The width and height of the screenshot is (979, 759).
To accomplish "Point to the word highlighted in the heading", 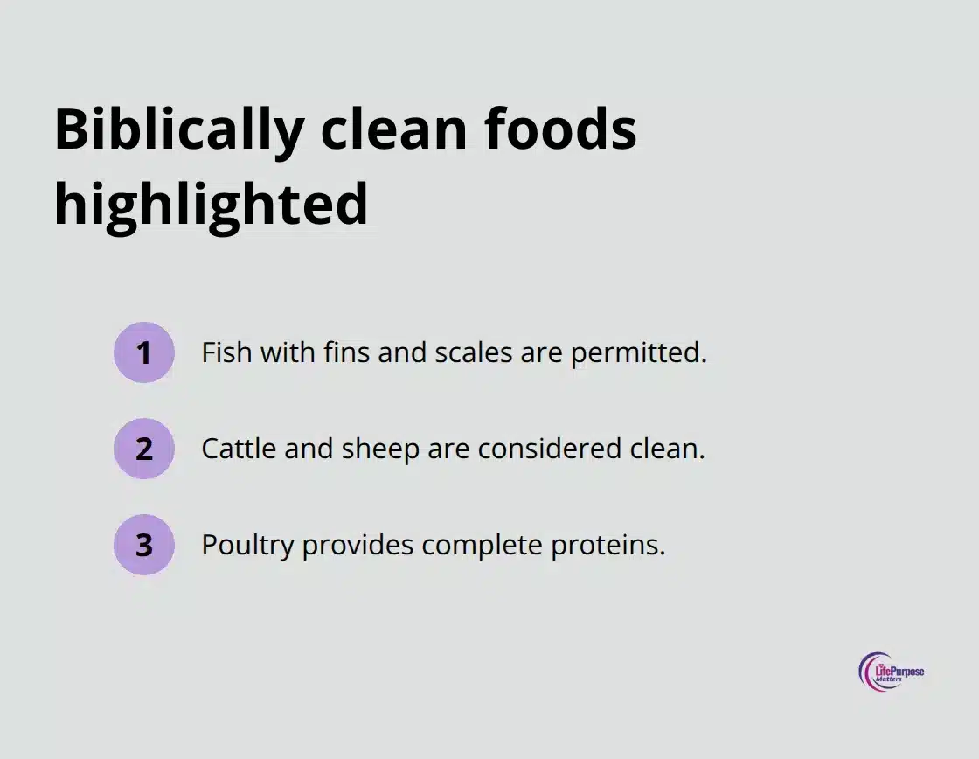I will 211,205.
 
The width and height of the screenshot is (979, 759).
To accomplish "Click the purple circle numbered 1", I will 144,352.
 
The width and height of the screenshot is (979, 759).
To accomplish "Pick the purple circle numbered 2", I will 144,449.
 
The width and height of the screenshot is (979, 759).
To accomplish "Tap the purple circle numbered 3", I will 144,545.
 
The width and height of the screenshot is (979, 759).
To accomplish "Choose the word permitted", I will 638,352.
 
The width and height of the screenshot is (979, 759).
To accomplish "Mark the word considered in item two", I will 552,449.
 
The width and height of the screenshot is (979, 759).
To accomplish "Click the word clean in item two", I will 667,449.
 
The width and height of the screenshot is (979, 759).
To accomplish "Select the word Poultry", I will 248,545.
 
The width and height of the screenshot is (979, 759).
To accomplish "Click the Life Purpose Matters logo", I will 890,672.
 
